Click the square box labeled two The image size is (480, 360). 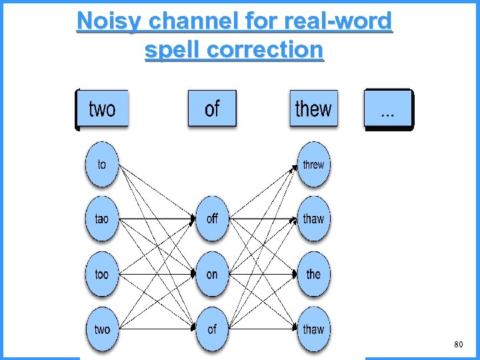[x=102, y=108]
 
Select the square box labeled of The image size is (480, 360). [x=212, y=108]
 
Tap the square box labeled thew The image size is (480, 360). [x=313, y=108]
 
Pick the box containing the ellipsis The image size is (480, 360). [x=387, y=108]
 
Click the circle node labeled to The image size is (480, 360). [x=101, y=164]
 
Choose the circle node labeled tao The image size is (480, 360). [x=101, y=219]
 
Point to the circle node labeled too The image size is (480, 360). [x=101, y=274]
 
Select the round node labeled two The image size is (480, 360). [x=101, y=329]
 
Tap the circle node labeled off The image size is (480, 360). [x=212, y=219]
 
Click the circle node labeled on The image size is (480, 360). [x=212, y=274]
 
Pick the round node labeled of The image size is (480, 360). [x=212, y=329]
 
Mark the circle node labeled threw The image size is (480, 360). [x=313, y=164]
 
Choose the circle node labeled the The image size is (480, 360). [x=313, y=274]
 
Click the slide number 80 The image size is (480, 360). [x=458, y=345]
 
